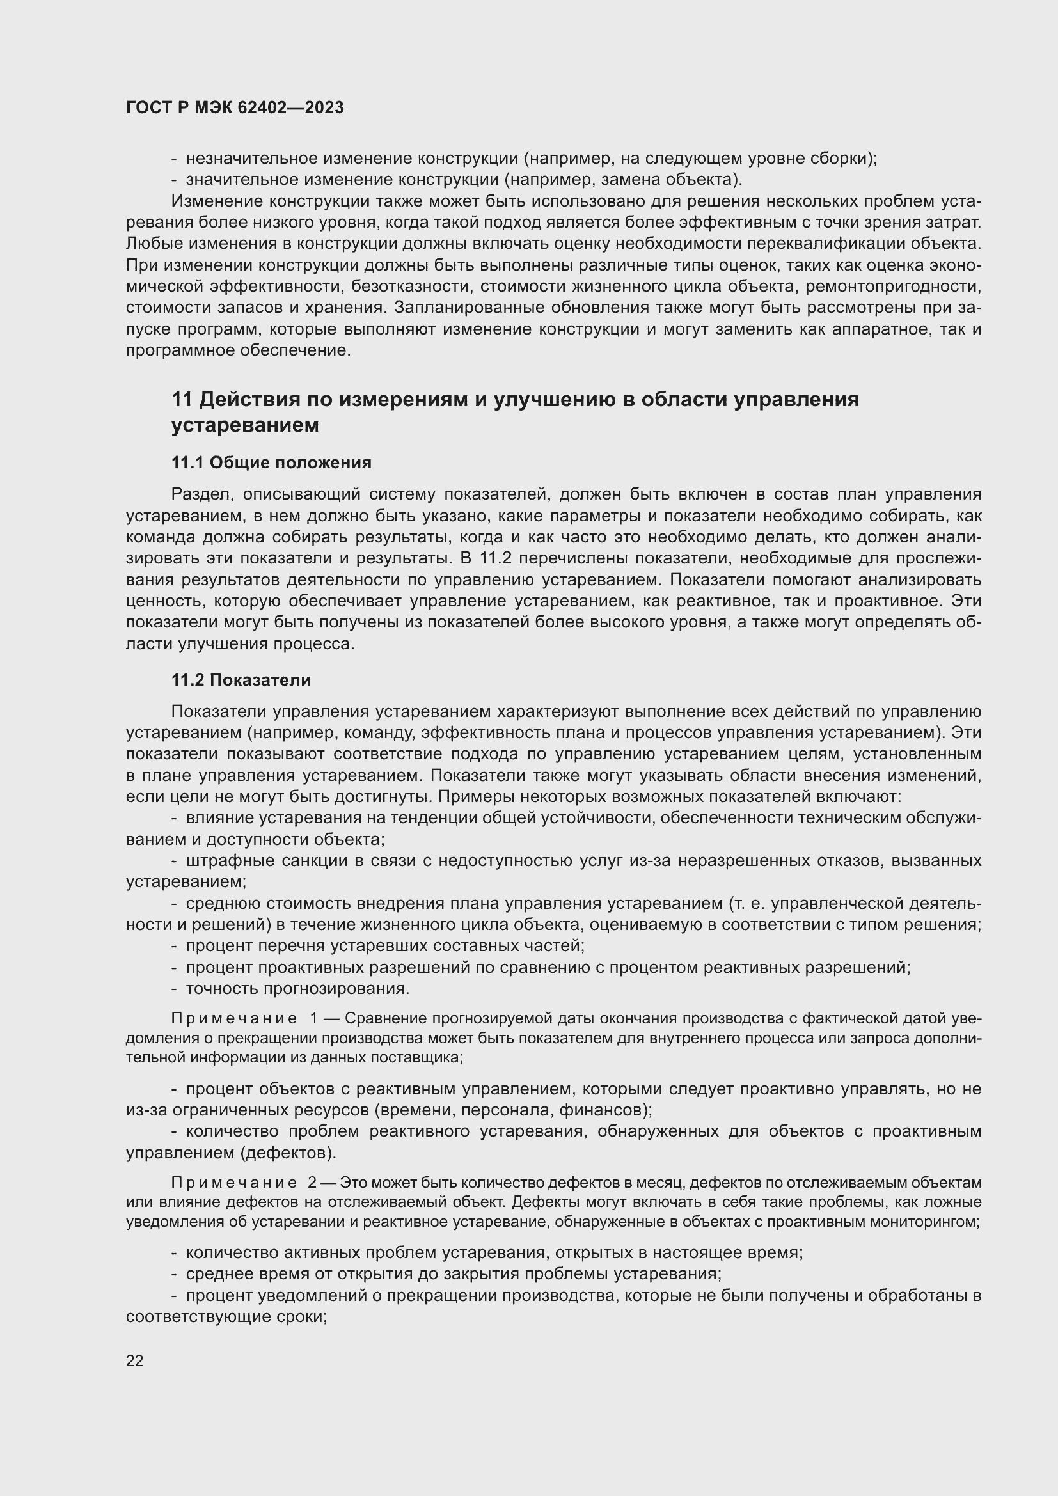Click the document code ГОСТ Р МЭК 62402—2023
[235, 108]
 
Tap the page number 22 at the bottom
[134, 1360]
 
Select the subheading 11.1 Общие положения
[271, 462]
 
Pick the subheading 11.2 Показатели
[241, 681]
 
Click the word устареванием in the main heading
[245, 425]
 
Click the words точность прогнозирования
[297, 989]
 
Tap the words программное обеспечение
[238, 350]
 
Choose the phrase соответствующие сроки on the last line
[225, 1317]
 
